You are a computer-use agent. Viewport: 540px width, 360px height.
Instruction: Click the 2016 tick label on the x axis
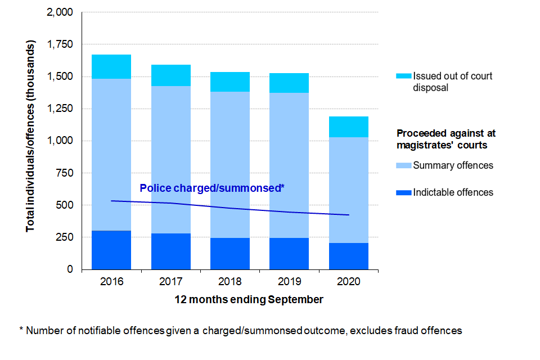(x=111, y=281)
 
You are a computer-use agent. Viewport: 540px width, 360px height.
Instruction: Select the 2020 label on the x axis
(x=349, y=281)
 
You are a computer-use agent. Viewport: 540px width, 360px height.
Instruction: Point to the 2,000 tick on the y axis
(x=61, y=12)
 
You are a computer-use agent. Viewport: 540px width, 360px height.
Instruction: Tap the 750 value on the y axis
(x=67, y=173)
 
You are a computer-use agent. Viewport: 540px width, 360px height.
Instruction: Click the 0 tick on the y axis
(x=71, y=269)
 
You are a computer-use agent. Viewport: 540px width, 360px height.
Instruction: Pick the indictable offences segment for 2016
(x=111, y=250)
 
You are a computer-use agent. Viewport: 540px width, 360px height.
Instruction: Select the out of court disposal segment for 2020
(x=349, y=127)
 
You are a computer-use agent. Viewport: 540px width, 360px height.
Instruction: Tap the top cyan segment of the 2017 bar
(x=171, y=75)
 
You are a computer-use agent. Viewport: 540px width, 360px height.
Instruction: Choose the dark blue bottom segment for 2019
(x=290, y=254)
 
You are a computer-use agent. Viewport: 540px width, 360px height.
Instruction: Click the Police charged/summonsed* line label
(x=211, y=188)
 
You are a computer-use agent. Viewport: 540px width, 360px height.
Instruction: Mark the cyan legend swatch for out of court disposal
(x=404, y=76)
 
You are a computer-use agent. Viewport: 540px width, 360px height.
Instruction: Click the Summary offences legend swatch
(x=404, y=165)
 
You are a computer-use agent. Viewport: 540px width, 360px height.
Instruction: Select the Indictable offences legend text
(x=453, y=192)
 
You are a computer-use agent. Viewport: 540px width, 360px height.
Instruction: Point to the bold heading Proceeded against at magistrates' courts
(x=446, y=139)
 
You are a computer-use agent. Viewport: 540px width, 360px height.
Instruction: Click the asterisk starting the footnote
(x=21, y=330)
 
